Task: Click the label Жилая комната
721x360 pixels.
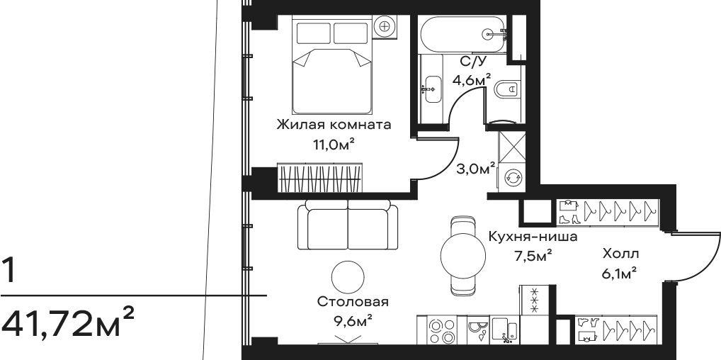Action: (334, 124)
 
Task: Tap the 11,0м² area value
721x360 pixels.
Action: (334, 145)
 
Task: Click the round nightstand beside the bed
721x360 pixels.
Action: (385, 26)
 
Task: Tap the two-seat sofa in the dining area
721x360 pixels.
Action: (348, 225)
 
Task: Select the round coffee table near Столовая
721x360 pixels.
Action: (348, 277)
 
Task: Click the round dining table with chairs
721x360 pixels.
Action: (462, 257)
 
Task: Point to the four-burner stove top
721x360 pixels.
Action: (441, 330)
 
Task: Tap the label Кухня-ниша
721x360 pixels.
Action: (533, 237)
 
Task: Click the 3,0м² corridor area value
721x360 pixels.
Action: (475, 169)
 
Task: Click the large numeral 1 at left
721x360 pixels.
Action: (8, 271)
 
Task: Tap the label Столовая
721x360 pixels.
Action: (353, 302)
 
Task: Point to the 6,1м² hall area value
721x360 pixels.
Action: (619, 274)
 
